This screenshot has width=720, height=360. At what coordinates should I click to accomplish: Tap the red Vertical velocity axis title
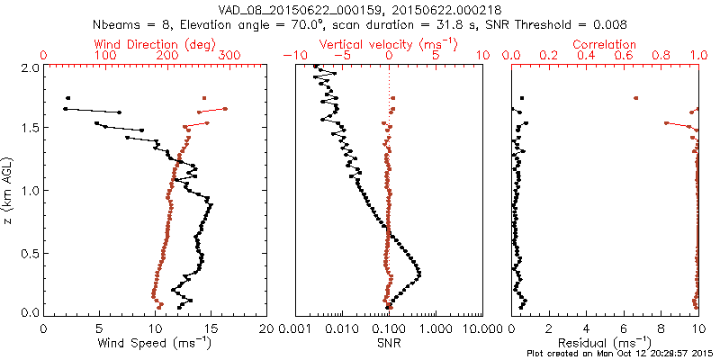(389, 44)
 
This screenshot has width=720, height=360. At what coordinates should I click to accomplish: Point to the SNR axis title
(389, 343)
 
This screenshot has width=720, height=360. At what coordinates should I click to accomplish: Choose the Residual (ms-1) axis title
(606, 343)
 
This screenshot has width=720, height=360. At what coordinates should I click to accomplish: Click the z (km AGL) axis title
(11, 191)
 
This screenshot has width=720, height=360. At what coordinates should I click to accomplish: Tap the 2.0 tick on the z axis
(30, 67)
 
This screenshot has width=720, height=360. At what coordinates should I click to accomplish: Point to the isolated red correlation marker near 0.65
(636, 98)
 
